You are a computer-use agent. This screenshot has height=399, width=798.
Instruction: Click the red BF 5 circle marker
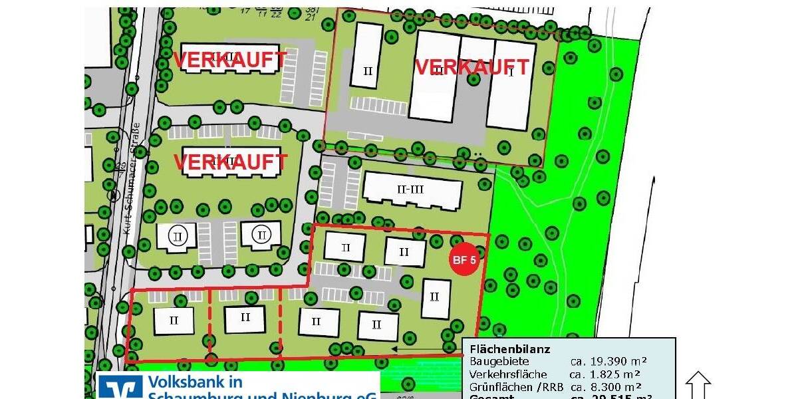[464, 260]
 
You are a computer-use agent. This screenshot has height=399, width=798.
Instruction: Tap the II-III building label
[410, 190]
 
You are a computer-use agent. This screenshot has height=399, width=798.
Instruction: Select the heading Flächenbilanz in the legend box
[509, 349]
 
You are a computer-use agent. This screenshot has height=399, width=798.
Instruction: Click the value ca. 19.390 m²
[608, 362]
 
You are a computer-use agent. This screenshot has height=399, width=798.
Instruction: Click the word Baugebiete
[499, 362]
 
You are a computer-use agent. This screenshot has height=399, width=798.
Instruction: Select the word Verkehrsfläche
[508, 374]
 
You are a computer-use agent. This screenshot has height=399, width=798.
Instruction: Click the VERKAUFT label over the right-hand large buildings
[472, 67]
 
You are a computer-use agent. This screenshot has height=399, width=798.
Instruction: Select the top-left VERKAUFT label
[230, 60]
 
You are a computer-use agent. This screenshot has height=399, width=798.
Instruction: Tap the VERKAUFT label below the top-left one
[230, 162]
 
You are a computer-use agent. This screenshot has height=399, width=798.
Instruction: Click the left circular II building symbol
[177, 235]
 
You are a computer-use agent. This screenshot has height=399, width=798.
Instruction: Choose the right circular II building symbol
[262, 235]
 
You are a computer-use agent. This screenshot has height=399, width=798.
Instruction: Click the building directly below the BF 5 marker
[436, 298]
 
